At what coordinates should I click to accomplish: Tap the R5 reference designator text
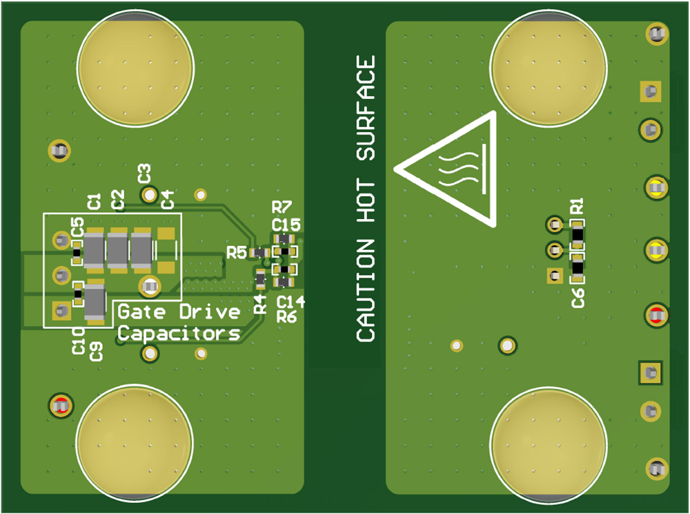(x=237, y=253)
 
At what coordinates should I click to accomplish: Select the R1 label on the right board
(x=577, y=207)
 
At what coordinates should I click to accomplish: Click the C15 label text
(x=286, y=225)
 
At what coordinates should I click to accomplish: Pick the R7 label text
(x=282, y=207)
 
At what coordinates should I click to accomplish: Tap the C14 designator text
(x=290, y=301)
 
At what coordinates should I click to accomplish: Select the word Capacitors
(x=179, y=334)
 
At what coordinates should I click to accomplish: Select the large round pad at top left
(x=135, y=67)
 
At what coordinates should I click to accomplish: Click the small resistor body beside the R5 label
(x=259, y=253)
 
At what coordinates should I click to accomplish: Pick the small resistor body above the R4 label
(x=260, y=279)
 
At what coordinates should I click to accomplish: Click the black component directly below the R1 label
(x=577, y=235)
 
